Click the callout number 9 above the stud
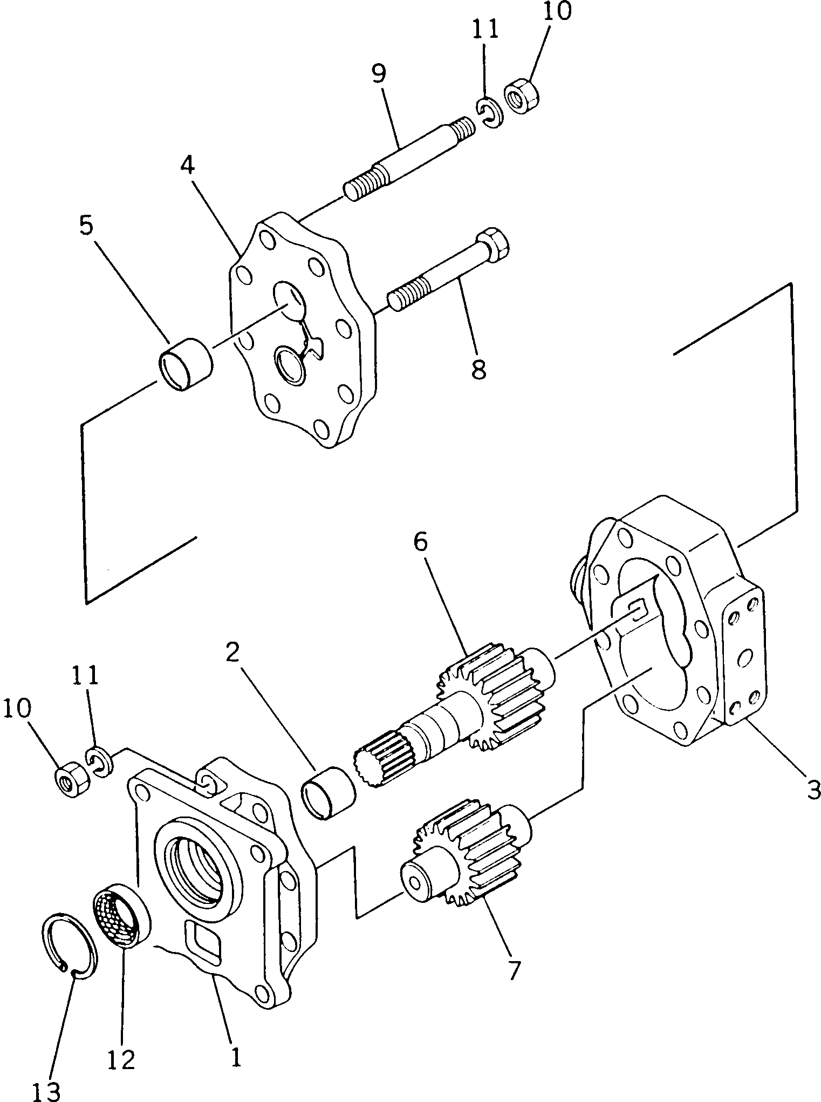pyautogui.click(x=379, y=73)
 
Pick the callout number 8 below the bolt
pyautogui.click(x=478, y=370)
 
